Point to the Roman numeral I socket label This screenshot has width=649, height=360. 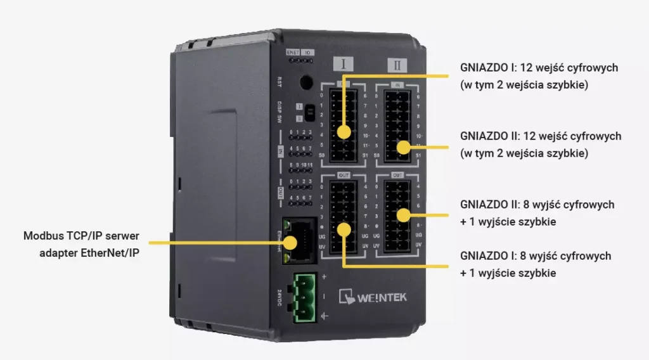(343, 64)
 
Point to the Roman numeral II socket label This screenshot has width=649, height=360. (397, 65)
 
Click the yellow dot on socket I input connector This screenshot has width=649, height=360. (344, 132)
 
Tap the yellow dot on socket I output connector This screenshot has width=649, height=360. (344, 229)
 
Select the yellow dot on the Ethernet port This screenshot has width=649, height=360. (291, 241)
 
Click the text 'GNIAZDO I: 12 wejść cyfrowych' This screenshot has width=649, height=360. (539, 67)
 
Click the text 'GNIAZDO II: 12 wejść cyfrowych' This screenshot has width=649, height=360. (541, 136)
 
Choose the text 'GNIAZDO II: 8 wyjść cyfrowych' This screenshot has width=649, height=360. (537, 205)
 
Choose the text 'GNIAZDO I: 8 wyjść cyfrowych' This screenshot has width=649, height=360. (536, 256)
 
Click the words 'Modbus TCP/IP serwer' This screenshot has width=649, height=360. (81, 236)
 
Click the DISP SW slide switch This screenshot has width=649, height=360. (309, 112)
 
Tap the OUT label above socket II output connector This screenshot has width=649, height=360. (398, 175)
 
